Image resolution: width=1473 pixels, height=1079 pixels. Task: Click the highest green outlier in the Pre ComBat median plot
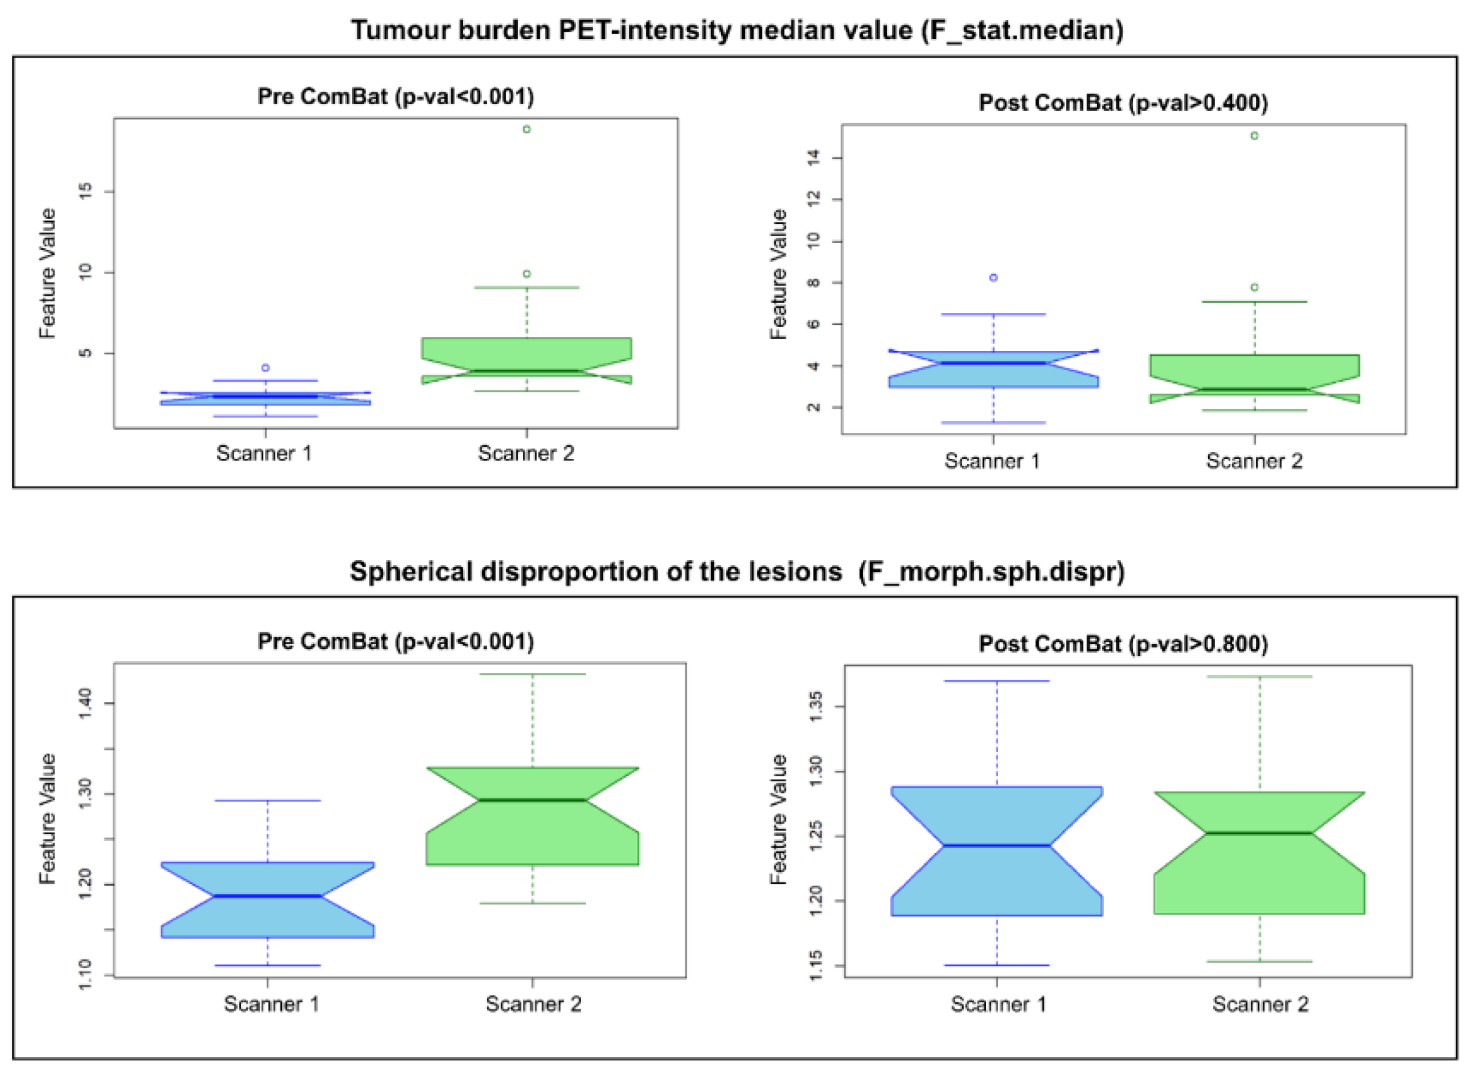(527, 129)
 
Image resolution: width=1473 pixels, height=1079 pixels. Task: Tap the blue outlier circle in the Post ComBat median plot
(993, 277)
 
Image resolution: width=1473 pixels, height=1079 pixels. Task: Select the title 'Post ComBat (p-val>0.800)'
(1123, 644)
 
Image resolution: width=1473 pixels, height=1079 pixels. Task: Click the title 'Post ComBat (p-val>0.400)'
(1123, 102)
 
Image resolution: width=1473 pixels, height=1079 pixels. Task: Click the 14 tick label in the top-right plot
(813, 158)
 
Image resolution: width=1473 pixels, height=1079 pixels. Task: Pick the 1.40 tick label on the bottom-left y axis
(85, 704)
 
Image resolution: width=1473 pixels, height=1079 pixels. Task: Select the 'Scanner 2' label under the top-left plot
(527, 453)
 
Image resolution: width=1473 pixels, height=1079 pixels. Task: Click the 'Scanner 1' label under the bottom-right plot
(999, 1004)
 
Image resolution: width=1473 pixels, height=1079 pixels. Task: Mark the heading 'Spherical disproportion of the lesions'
(596, 571)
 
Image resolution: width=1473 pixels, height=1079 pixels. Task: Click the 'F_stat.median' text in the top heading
(1022, 31)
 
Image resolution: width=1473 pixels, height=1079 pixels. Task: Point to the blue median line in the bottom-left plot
(268, 896)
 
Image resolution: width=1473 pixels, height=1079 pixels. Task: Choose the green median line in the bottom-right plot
(1259, 833)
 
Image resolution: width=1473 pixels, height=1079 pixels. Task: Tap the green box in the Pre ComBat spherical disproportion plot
(532, 842)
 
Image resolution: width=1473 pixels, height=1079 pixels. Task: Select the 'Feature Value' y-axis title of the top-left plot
(48, 273)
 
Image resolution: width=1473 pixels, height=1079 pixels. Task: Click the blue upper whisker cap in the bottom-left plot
(268, 800)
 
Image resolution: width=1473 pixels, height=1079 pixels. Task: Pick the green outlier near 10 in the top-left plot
(527, 274)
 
